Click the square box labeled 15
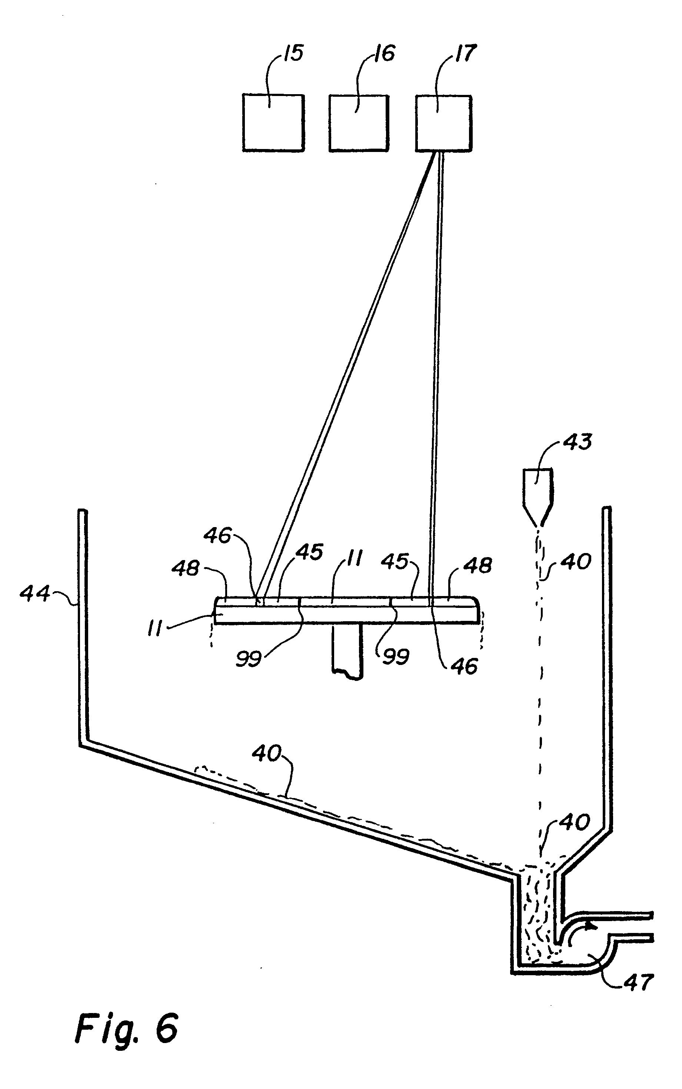pyautogui.click(x=273, y=122)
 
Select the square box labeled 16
pyautogui.click(x=359, y=123)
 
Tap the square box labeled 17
pyautogui.click(x=443, y=123)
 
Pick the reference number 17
pyautogui.click(x=466, y=54)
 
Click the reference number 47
pyautogui.click(x=639, y=983)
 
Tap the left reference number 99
pyautogui.click(x=249, y=659)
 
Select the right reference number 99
pyautogui.click(x=396, y=657)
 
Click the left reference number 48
pyautogui.click(x=185, y=569)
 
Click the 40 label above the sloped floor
pyautogui.click(x=267, y=754)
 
